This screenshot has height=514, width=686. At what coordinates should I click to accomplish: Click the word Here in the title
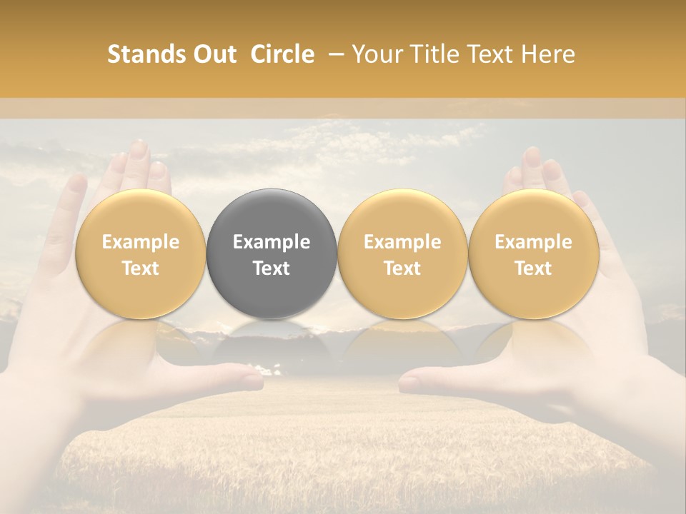click(x=547, y=54)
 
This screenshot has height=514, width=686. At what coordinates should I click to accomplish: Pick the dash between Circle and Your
click(x=333, y=54)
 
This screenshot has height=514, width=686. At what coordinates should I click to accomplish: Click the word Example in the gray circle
click(x=272, y=242)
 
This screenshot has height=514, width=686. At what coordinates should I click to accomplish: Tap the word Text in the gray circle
click(x=272, y=268)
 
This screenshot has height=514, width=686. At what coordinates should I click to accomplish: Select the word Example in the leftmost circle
click(x=140, y=242)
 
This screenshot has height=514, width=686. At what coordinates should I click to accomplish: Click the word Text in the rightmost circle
click(x=533, y=268)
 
